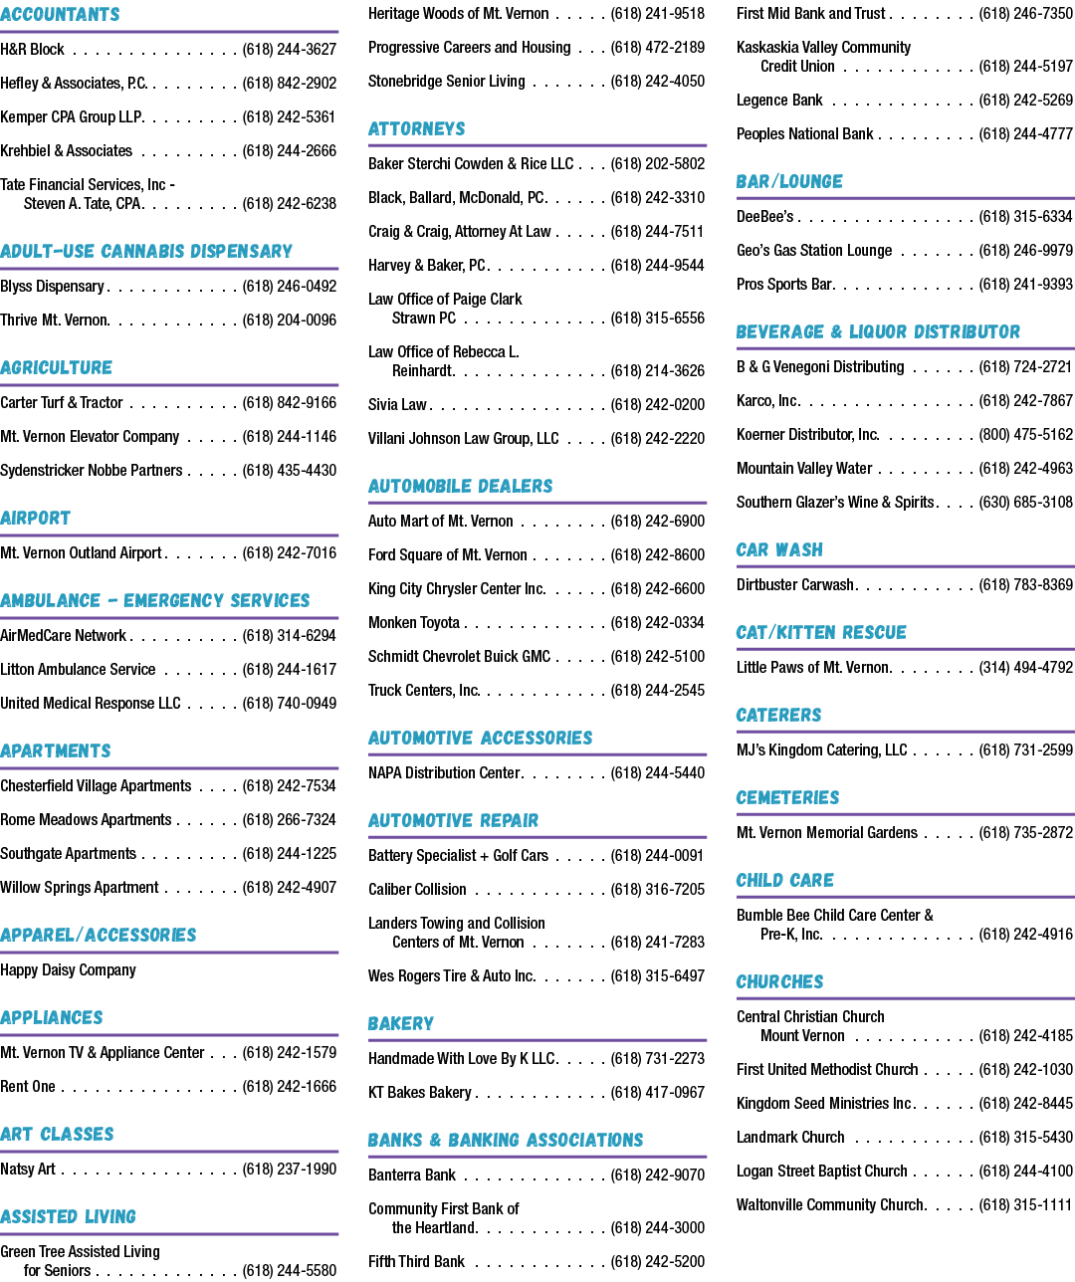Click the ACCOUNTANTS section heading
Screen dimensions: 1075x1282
[60, 14]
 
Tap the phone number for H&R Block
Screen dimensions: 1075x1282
[290, 49]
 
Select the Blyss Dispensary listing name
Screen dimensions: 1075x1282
[52, 287]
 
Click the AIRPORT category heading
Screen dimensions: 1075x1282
[35, 519]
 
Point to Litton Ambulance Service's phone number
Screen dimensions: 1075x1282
[290, 669]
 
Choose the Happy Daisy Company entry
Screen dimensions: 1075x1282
[68, 970]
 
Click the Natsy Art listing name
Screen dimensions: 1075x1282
[28, 1169]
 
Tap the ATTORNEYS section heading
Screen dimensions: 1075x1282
[417, 129]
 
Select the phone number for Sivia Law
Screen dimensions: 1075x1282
[658, 405]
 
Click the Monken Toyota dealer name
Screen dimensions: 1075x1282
[414, 622]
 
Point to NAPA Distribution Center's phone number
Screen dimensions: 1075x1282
[658, 773]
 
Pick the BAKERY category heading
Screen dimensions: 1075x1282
[401, 1024]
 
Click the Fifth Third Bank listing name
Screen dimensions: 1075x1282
[416, 1262]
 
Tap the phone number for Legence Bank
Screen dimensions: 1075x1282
[1026, 101]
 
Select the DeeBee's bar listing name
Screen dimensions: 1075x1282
[765, 217]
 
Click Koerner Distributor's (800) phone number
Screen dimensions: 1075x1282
[1026, 435]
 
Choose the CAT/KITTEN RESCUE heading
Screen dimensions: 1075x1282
[821, 633]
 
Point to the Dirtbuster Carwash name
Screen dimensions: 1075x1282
[795, 585]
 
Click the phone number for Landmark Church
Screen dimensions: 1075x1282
[1026, 1138]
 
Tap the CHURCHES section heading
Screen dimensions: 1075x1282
[779, 982]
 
